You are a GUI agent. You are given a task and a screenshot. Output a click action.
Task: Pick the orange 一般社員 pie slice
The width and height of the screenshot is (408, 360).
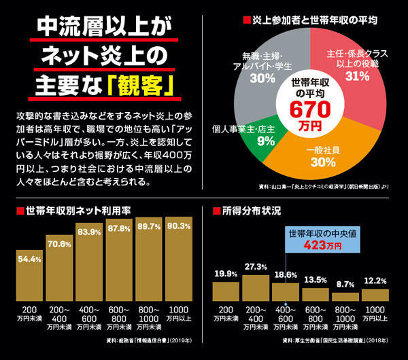(x=320, y=160)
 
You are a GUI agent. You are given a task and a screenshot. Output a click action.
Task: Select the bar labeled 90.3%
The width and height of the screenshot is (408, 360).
(x=178, y=262)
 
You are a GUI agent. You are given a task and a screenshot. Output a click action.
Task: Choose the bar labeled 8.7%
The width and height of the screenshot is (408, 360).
(x=345, y=296)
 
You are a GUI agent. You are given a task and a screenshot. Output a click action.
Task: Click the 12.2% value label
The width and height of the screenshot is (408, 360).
(x=375, y=281)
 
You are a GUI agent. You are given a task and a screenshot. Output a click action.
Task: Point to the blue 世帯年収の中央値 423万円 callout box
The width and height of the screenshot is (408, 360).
(x=314, y=240)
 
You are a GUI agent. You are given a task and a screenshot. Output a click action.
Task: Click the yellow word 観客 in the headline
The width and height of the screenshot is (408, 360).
(x=143, y=87)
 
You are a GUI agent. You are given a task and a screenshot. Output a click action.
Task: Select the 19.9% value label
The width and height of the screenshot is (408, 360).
(x=226, y=274)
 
